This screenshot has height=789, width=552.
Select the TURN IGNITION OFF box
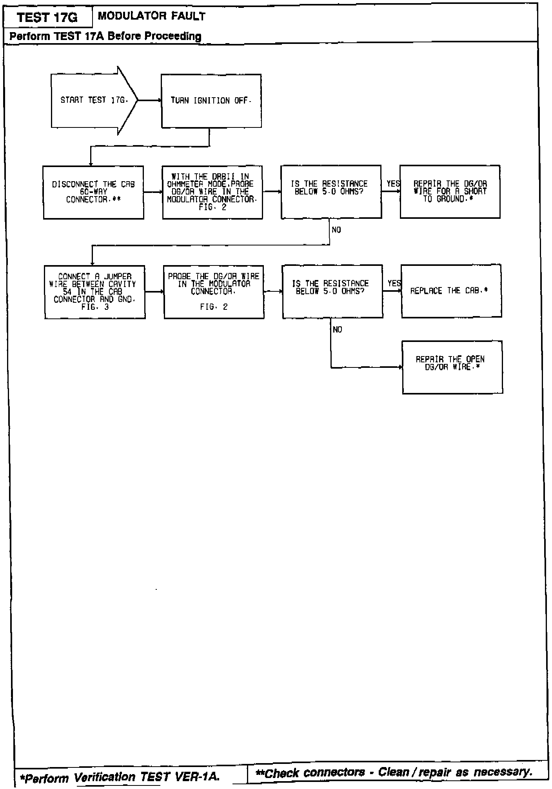pos(211,101)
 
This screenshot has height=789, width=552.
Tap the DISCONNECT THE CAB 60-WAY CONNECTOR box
pos(93,192)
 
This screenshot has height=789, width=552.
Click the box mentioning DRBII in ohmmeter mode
pos(212,192)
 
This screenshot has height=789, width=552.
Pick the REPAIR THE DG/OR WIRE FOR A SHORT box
pos(450,191)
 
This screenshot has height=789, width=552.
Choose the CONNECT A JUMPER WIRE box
pos(94,292)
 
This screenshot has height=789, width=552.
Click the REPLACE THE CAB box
pos(451,291)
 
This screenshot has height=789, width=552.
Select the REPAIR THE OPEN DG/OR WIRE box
pos(452,367)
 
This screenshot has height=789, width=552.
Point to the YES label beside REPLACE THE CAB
pos(394,283)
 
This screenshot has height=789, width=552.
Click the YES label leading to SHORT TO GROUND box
pos(393,184)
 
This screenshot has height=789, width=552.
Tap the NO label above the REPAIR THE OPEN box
pos(337,330)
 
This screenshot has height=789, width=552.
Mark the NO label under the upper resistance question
pos(336,230)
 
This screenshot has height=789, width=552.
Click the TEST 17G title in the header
pos(48,18)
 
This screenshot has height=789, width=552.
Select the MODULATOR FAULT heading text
pos(151,16)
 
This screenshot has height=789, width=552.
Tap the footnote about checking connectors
pos(394,772)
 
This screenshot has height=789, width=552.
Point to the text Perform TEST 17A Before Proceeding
pos(105,36)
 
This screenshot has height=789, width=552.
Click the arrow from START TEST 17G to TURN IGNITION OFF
pos(149,100)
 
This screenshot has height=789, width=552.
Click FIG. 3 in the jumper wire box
pos(95,307)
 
